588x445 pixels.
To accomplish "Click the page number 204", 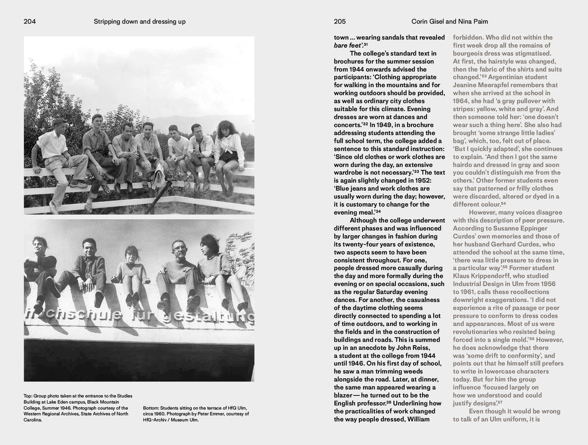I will pos(30,22).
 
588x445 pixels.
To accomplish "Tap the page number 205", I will pos(340,22).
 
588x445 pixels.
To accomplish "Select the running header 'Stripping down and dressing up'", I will pos(140,22).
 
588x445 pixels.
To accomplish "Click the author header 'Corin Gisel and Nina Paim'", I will pos(450,22).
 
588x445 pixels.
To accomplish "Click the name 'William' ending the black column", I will pos(417,419).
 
